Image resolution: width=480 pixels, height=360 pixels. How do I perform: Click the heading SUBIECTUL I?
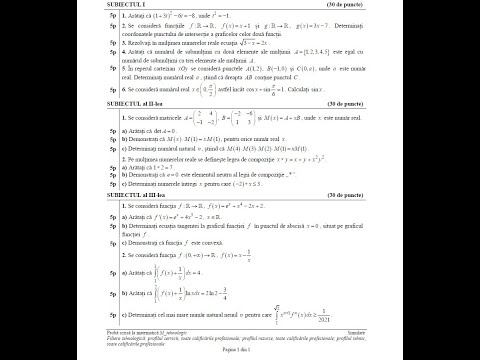coord(137,8)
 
